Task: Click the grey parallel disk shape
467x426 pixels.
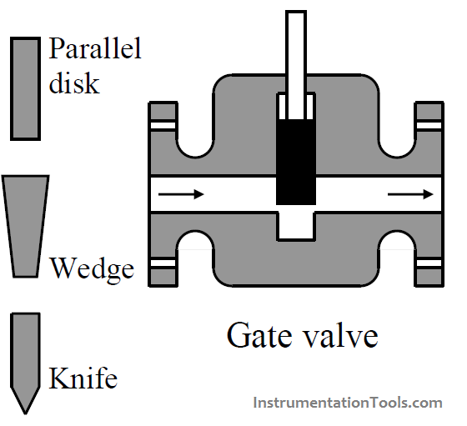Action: (x=26, y=88)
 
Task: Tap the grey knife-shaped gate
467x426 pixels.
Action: (x=26, y=354)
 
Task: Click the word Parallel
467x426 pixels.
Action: (x=95, y=48)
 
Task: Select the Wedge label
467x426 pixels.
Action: (x=92, y=268)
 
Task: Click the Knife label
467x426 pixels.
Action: (x=82, y=379)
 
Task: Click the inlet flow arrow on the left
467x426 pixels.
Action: (x=181, y=194)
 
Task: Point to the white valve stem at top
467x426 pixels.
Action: (x=296, y=50)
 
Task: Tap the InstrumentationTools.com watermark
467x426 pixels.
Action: (x=347, y=403)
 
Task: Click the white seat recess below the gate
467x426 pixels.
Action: (x=296, y=223)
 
